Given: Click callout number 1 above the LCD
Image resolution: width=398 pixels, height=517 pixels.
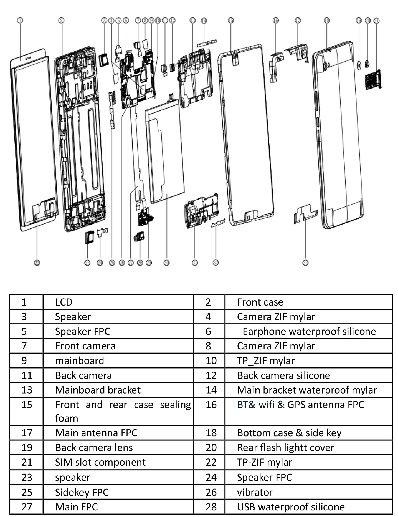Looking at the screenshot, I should pos(20,21).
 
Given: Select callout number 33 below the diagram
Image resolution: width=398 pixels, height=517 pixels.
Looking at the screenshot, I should pos(305,263).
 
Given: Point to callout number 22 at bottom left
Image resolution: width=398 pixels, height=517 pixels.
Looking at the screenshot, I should pos(37,263).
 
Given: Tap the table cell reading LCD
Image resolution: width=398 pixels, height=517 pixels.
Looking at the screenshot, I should pos(64,302).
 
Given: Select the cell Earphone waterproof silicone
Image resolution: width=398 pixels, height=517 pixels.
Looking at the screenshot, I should pos(309,331).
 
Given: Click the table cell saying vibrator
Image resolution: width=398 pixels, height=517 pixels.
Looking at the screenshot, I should pos(255,492).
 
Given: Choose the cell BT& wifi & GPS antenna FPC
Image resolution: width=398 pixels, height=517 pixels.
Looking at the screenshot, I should pos(300,405).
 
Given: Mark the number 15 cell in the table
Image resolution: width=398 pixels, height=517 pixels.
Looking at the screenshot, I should pos(27,405).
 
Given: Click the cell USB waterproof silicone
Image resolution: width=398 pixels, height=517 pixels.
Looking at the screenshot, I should pos(291,507).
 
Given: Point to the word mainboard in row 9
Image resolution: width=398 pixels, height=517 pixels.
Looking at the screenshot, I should pos(79,360).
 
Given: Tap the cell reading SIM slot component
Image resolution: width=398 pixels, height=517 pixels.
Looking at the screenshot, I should pos(100,462).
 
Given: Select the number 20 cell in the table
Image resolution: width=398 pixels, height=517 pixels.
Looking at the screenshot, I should pos(211,447).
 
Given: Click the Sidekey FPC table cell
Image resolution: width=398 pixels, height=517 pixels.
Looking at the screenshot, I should pos(82,492).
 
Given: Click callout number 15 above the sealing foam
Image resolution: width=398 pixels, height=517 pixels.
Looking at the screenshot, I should pos(231,21).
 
